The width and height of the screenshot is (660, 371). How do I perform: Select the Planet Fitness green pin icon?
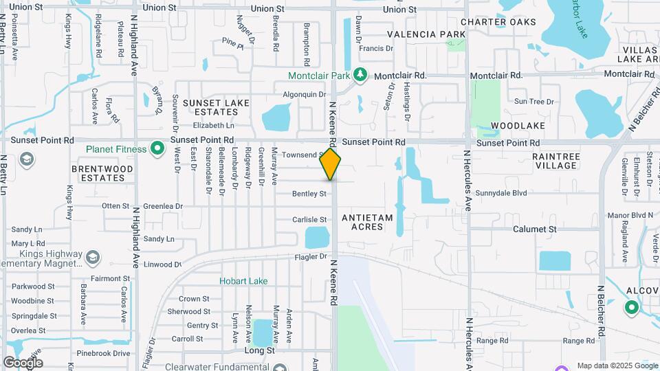click(x=157, y=148)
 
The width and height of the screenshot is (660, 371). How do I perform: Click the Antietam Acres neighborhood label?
click(x=367, y=223)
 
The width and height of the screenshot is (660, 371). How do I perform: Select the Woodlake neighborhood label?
click(x=518, y=126)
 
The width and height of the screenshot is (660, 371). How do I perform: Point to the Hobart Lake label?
click(x=243, y=281)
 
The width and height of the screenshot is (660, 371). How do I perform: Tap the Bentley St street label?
click(x=309, y=194)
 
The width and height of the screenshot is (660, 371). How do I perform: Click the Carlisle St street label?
click(x=309, y=220)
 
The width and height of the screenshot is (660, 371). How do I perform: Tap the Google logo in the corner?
click(x=23, y=362)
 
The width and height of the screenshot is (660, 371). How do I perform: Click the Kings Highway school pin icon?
click(x=93, y=258)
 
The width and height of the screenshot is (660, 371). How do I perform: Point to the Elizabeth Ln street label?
click(x=213, y=126)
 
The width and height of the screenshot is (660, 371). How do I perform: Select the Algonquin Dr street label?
click(x=304, y=94)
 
